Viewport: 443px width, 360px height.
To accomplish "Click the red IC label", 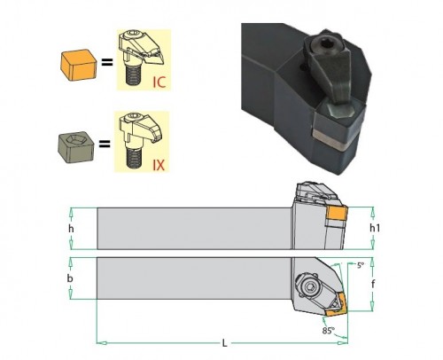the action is [159, 82].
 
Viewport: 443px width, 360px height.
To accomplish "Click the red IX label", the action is [159, 165].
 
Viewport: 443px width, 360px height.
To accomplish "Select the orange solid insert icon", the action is [78, 65].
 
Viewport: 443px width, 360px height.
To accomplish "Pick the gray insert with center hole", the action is [76, 147].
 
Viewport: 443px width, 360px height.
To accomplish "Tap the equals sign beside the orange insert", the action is [107, 62].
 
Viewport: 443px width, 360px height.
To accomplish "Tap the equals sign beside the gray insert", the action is [105, 145].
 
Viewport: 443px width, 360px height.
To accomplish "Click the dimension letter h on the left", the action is [71, 229].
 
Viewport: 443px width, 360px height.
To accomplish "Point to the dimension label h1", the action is [375, 228].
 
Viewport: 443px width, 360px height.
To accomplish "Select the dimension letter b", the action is [70, 278].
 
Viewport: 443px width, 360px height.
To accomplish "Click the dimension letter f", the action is [373, 284].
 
